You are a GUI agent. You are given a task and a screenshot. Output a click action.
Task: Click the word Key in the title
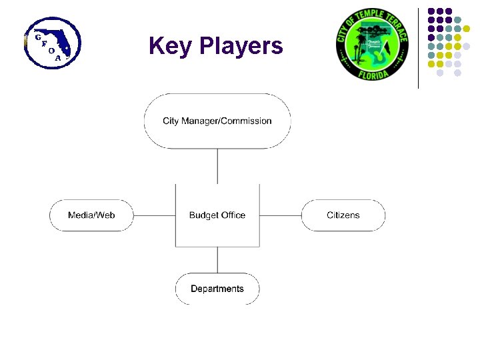pyautogui.click(x=169, y=46)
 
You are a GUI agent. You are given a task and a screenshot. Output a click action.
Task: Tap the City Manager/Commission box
pyautogui.click(x=217, y=121)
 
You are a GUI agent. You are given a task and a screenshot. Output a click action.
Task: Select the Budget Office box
pyautogui.click(x=217, y=215)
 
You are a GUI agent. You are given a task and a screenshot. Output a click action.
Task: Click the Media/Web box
pyautogui.click(x=91, y=215)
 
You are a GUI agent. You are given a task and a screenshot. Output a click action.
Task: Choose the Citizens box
pyautogui.click(x=343, y=215)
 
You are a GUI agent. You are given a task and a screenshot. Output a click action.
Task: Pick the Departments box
pyautogui.click(x=217, y=289)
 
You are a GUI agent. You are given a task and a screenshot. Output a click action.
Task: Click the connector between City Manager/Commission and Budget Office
pyautogui.click(x=217, y=165)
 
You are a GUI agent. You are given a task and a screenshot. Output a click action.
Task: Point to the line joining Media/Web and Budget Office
pyautogui.click(x=154, y=215)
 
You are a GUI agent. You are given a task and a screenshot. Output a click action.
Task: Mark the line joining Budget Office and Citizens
pyautogui.click(x=281, y=215)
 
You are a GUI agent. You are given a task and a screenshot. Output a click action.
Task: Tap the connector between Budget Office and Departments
pyautogui.click(x=217, y=260)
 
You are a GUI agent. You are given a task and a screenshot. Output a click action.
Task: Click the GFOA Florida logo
pyautogui.click(x=52, y=43)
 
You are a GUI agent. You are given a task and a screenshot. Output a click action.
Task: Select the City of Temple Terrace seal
pyautogui.click(x=372, y=44)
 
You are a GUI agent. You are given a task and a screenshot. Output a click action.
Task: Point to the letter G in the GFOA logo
pyautogui.click(x=37, y=36)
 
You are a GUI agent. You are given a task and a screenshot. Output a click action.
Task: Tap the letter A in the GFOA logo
pyautogui.click(x=59, y=57)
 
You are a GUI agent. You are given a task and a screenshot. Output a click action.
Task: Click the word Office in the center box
pyautogui.click(x=233, y=215)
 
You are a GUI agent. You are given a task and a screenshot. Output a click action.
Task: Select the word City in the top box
pyautogui.click(x=170, y=121)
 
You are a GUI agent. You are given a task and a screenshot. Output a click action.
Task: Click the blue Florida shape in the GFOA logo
pyautogui.click(x=57, y=40)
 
